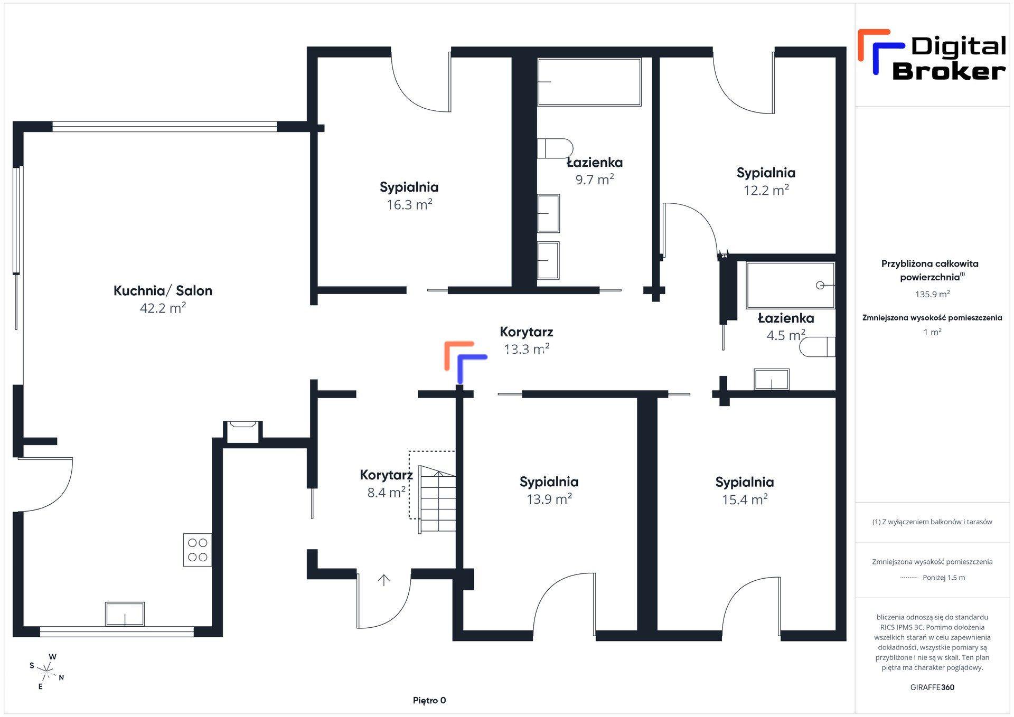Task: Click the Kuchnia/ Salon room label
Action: (x=163, y=290)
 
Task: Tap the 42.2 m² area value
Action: (x=163, y=308)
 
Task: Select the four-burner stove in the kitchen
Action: (x=198, y=550)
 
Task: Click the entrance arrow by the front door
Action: (x=384, y=580)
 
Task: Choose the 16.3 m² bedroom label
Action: (x=409, y=196)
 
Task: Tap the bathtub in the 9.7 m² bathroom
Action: (x=589, y=82)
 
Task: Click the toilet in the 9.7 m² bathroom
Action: (x=555, y=148)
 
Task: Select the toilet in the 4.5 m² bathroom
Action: (x=818, y=347)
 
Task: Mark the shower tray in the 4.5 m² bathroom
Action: (x=790, y=285)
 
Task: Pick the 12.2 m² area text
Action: (x=766, y=190)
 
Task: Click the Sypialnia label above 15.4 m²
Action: (x=745, y=482)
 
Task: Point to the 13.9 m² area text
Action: (x=549, y=499)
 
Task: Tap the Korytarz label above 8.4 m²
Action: (x=386, y=475)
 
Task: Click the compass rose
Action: (x=47, y=672)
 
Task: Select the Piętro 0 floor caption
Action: (x=429, y=701)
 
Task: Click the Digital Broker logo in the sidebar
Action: (x=932, y=55)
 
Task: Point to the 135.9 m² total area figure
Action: (x=932, y=294)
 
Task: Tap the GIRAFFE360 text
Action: (x=932, y=687)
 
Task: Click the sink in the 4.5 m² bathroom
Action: (x=772, y=380)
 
